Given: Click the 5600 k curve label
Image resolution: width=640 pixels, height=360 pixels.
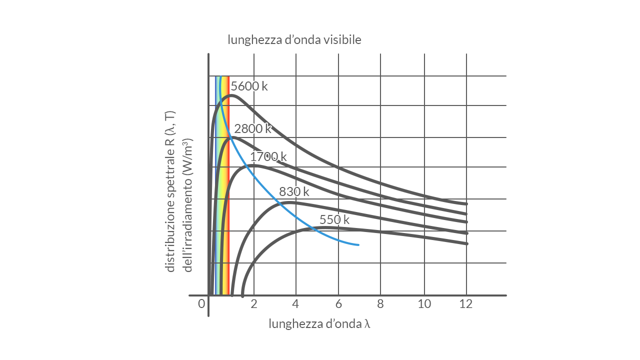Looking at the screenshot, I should [249, 86].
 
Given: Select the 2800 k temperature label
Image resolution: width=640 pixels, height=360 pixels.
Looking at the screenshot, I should [252, 128].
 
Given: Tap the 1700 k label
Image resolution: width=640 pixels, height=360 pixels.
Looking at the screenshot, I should [268, 156].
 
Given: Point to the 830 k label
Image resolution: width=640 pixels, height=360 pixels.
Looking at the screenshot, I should [294, 191].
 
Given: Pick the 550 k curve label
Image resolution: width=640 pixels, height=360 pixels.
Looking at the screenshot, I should [334, 219].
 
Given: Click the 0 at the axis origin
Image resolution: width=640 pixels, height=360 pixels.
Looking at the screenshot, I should [201, 304].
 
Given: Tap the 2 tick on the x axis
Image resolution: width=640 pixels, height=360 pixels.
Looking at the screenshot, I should [253, 304].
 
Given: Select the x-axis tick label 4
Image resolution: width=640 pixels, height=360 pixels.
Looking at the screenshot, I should [295, 304].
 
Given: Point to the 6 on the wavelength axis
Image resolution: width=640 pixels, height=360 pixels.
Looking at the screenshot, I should [338, 304].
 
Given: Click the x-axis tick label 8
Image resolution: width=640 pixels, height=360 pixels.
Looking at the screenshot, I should [380, 304].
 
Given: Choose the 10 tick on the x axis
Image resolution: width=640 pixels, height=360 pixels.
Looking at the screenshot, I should [424, 304].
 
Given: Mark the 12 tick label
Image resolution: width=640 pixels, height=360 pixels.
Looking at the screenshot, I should [466, 304].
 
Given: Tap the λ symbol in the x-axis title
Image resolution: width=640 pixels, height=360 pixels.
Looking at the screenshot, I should [367, 324].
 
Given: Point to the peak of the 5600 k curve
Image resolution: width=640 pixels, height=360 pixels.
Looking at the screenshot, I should [231, 95].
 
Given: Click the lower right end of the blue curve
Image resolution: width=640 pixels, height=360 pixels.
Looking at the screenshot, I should [358, 244].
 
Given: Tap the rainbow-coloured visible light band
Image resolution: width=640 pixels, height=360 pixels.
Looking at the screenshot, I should [222, 200].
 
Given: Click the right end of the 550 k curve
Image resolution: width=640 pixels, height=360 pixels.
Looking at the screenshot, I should [466, 243].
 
